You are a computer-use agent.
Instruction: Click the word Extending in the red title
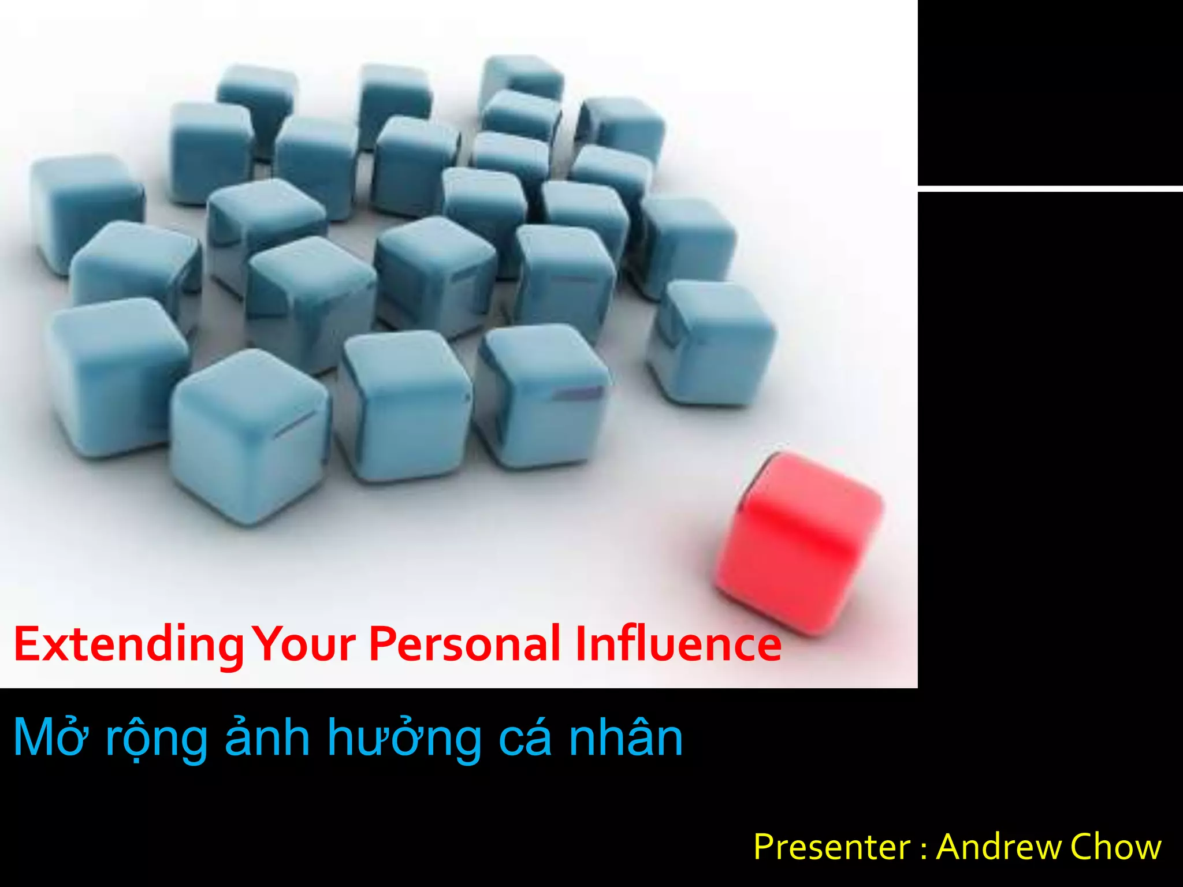[128, 645]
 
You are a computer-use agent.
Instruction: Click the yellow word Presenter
[832, 847]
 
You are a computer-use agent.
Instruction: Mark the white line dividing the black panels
[1050, 189]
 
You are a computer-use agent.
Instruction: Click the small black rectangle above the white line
[1050, 92]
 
